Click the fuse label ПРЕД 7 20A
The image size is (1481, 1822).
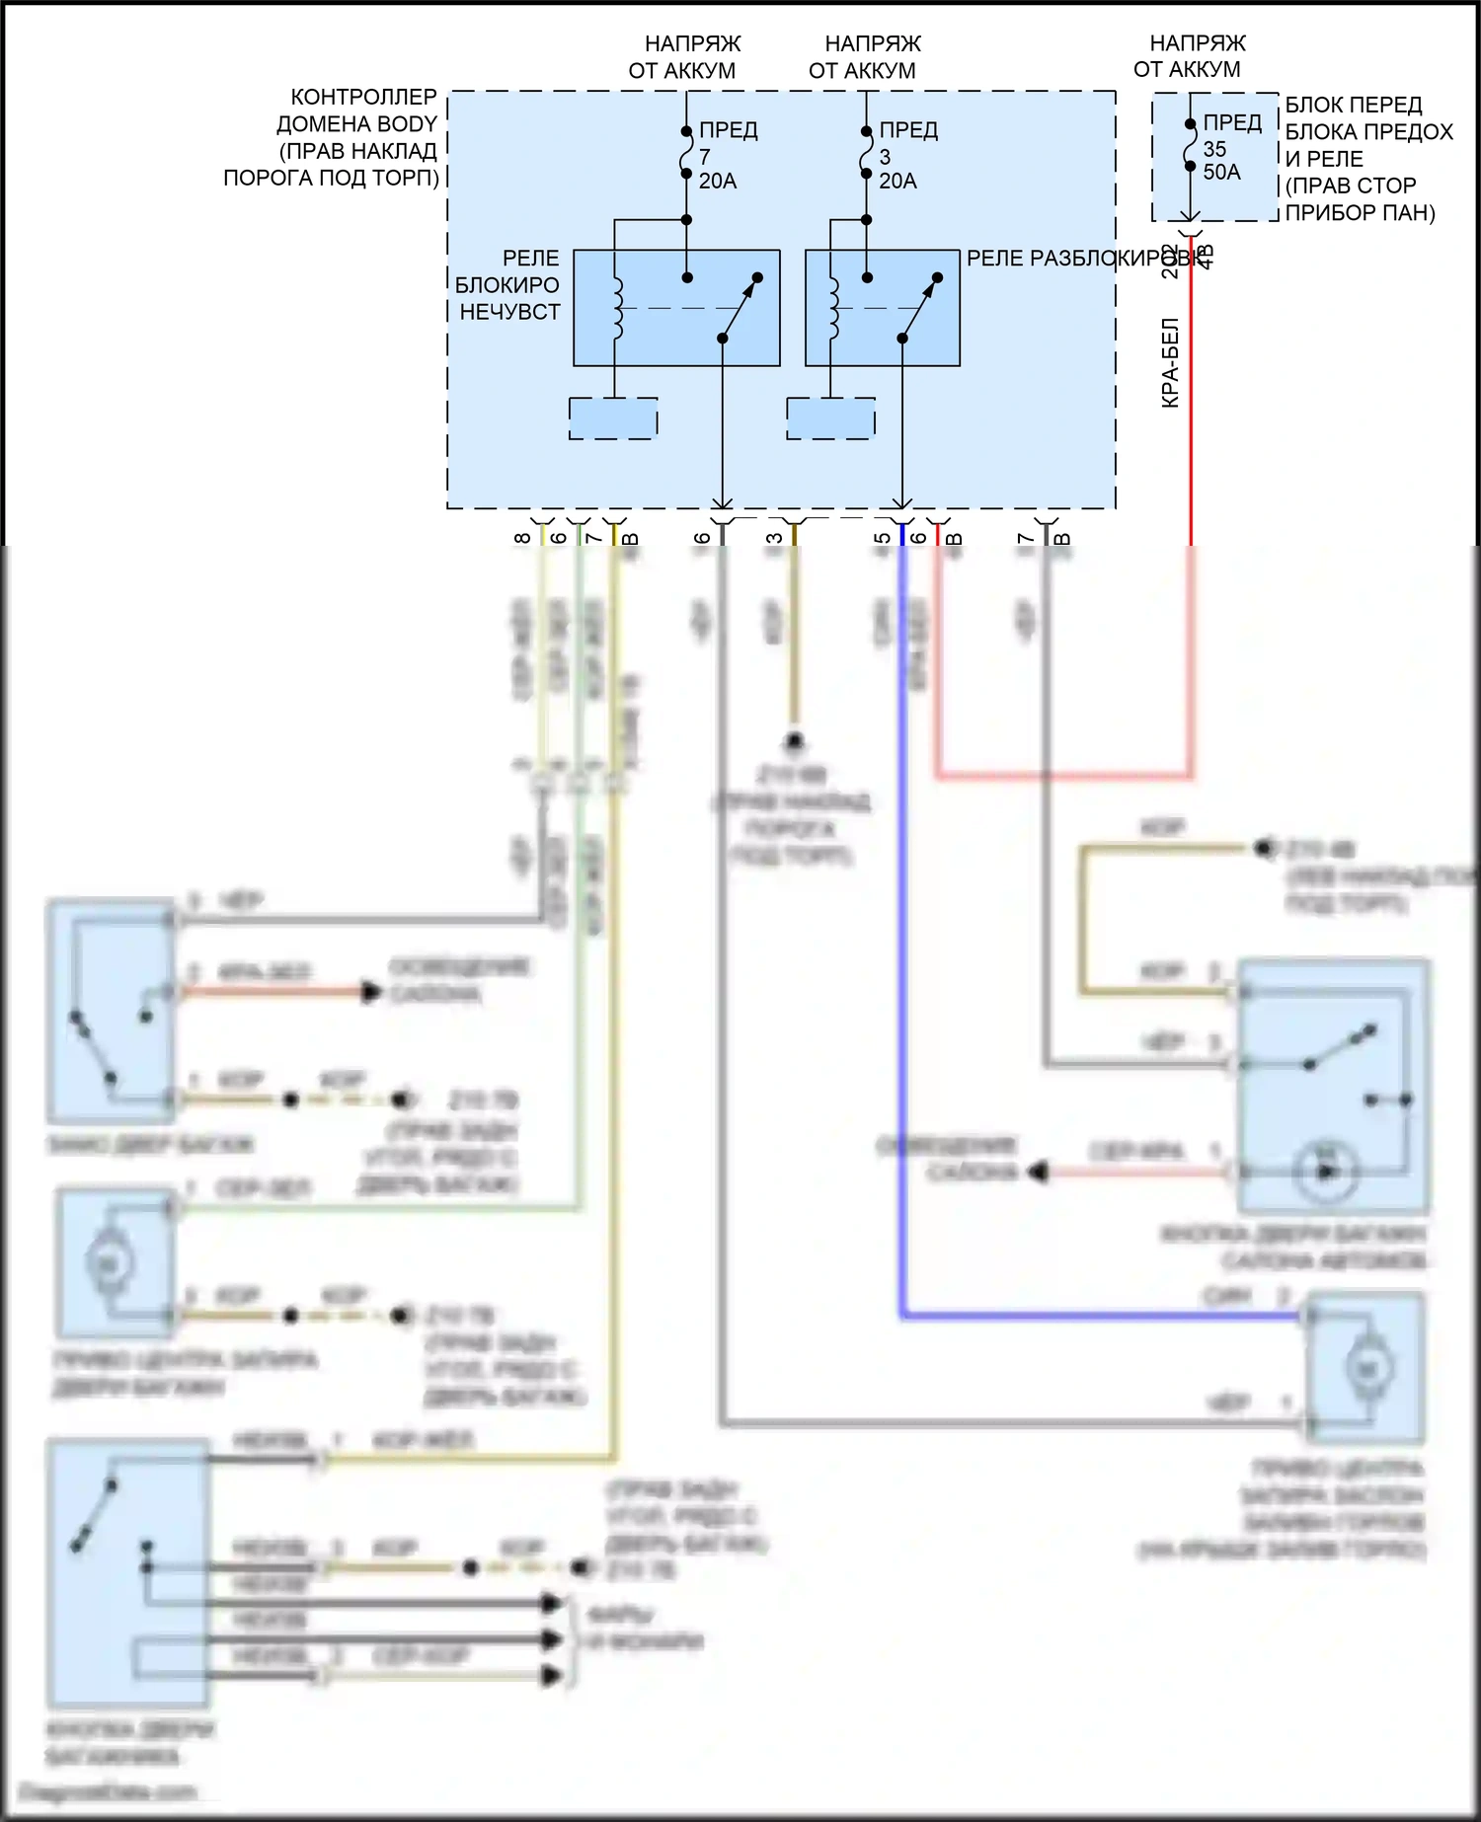coord(727,156)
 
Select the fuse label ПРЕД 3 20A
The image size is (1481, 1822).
coord(906,156)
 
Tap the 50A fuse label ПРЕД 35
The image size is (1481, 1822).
coord(1229,148)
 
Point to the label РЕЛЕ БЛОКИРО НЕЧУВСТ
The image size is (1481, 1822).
coord(508,285)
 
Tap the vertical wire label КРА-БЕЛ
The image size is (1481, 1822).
coord(1171,362)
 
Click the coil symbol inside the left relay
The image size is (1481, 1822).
coord(618,308)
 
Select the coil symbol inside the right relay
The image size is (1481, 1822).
coord(833,308)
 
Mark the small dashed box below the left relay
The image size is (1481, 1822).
coord(613,418)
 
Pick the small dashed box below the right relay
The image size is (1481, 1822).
coord(830,418)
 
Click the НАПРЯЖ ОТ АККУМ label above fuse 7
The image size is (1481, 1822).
coord(687,57)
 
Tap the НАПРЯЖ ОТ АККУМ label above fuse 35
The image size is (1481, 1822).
coord(1192,56)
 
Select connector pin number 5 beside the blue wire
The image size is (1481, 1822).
coord(883,538)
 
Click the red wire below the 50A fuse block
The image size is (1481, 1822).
coord(1191,415)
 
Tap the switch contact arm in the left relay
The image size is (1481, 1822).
coord(740,308)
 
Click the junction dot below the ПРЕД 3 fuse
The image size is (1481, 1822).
coord(866,219)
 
